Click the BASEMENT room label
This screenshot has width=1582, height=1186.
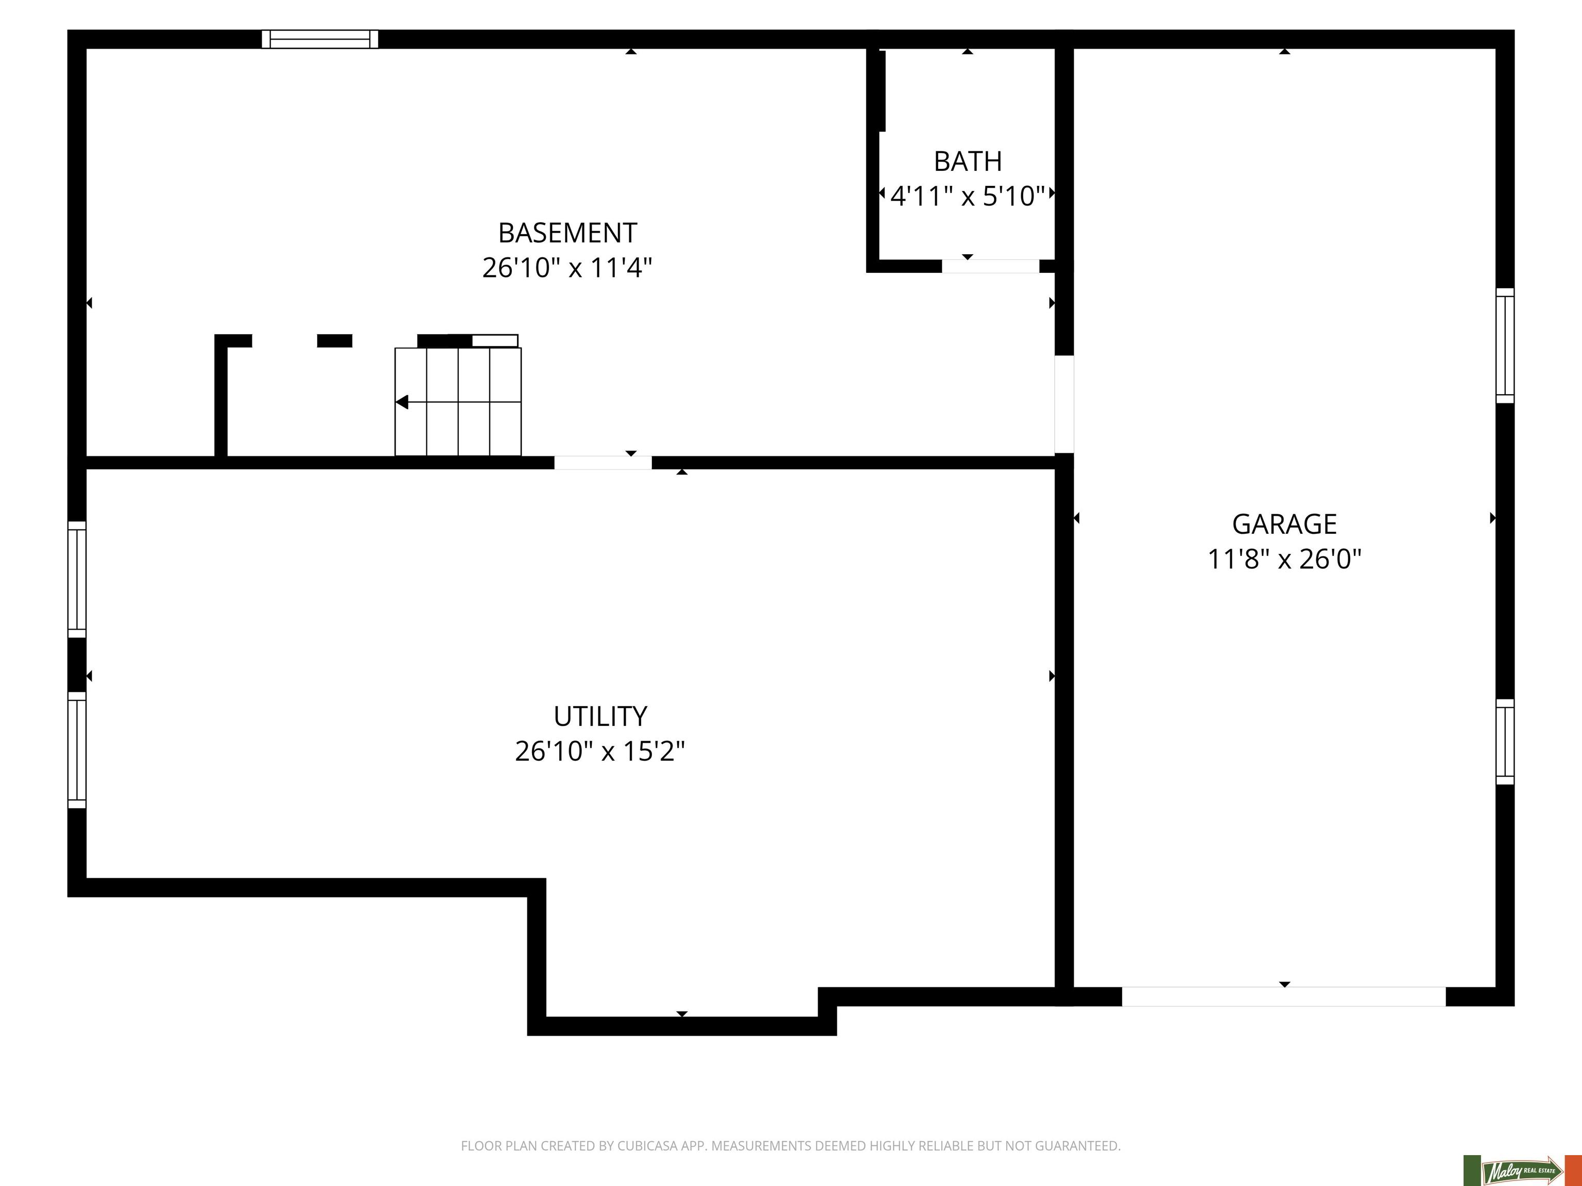coord(567,233)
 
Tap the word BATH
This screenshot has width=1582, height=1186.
coord(968,162)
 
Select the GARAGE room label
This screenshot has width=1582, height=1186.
coord(1284,524)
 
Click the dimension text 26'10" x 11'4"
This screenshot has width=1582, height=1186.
coord(567,268)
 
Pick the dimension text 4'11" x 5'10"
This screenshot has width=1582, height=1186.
coord(968,196)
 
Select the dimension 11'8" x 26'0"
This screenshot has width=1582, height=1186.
coord(1284,559)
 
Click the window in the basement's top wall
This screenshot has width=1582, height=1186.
coord(320,39)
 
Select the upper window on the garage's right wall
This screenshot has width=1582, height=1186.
coord(1505,345)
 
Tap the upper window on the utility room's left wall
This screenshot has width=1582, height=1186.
coord(77,579)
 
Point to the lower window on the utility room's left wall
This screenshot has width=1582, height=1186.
coord(77,750)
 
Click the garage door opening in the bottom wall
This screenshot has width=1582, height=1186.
coord(1284,997)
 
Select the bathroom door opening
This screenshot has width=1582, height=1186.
coord(990,266)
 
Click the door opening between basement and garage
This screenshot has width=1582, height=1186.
coord(1064,405)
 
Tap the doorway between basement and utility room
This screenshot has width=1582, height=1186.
coord(603,463)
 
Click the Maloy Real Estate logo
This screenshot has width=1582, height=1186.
coord(1522,1170)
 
